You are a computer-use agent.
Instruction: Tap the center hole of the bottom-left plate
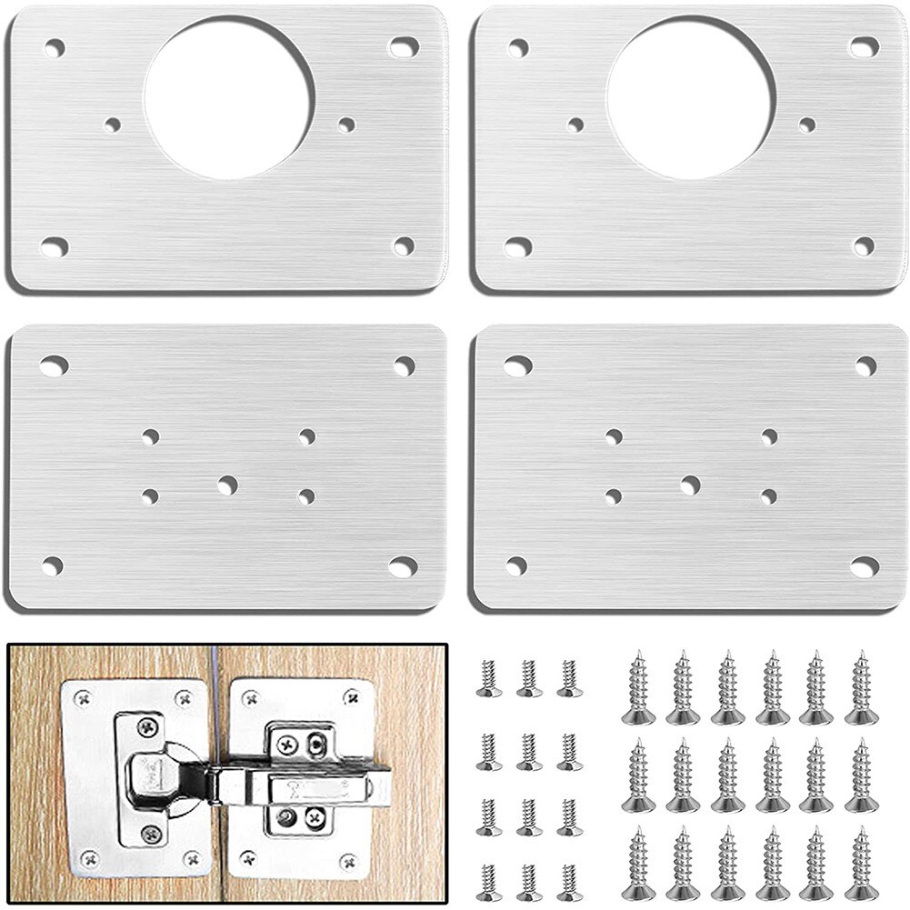(226, 485)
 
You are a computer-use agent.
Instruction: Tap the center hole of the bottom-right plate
(690, 485)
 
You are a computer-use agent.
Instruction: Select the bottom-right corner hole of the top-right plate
(864, 245)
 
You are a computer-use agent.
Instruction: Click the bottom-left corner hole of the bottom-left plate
(53, 565)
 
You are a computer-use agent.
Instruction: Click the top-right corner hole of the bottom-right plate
(865, 366)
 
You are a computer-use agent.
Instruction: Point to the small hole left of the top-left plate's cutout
(113, 125)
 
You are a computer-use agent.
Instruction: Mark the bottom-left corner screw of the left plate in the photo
(89, 856)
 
